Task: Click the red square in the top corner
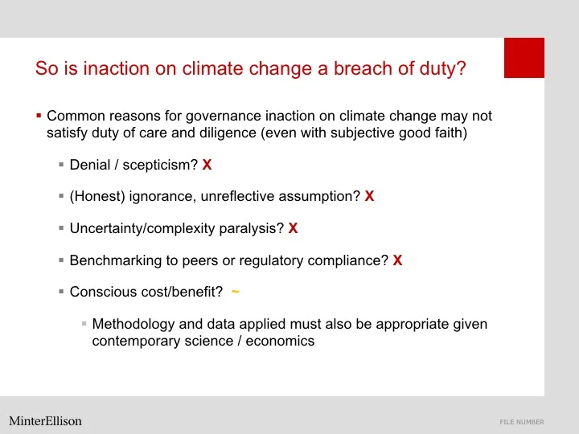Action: click(x=524, y=58)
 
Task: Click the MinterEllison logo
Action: click(x=46, y=420)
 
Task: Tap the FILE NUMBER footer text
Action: click(x=522, y=422)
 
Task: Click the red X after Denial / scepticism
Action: click(x=207, y=165)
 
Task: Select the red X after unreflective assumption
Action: click(x=369, y=196)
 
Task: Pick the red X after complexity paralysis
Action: click(x=293, y=228)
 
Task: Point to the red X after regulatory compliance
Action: click(x=397, y=260)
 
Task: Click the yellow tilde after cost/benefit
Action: click(x=235, y=292)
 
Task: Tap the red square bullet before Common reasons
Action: click(x=38, y=116)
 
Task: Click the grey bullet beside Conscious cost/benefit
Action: click(x=61, y=293)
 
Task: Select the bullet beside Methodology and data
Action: click(x=84, y=325)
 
